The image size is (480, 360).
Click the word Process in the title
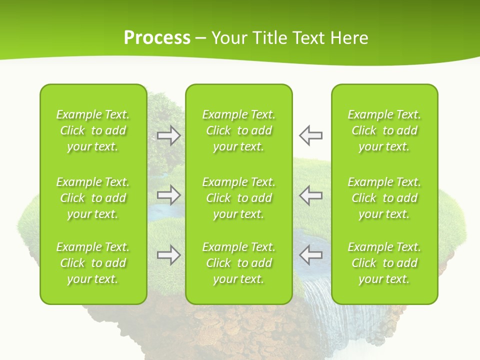point(157,38)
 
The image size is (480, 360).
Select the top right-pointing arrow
point(168,135)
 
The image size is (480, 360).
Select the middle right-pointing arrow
point(168,195)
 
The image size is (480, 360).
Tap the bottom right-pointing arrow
point(168,255)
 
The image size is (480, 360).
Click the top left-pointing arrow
point(310,135)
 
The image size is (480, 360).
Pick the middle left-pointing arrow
point(310,195)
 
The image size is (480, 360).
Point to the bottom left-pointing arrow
point(310,255)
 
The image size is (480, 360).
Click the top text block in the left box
point(93,130)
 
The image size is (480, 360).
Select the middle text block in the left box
point(93,198)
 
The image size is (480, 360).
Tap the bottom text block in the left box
point(93,263)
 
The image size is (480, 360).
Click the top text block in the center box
point(238,130)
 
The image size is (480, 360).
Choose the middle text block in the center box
point(238,198)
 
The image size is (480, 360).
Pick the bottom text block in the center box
point(238,263)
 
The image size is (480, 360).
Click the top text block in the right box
point(384,130)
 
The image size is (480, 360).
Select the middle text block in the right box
point(384,198)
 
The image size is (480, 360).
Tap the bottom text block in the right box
point(384,263)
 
